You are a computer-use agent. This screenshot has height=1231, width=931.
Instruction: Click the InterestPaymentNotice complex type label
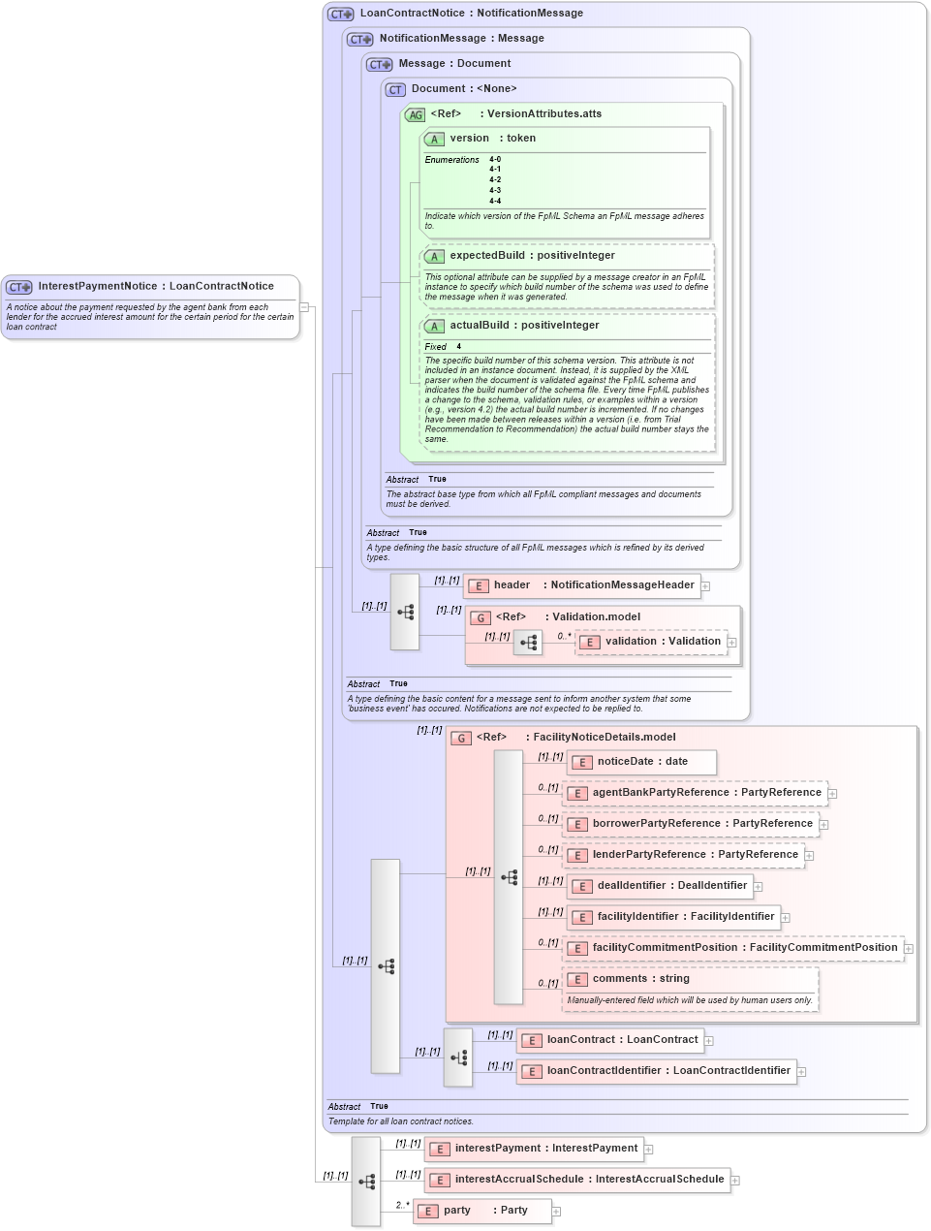coord(155,287)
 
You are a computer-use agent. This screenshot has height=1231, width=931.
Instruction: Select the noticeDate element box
coord(641,762)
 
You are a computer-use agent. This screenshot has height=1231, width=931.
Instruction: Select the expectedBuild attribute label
coord(532,256)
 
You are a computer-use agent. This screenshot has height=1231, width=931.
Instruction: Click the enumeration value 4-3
coord(495,191)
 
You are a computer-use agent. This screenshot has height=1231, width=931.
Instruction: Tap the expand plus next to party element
coord(556,1211)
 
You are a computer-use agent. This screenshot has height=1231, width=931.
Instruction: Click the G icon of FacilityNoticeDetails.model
coord(461,738)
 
